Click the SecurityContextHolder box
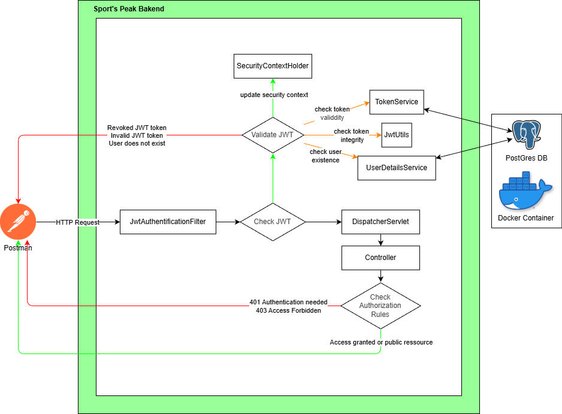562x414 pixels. point(273,66)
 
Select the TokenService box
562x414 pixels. point(397,102)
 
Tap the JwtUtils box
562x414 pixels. point(397,135)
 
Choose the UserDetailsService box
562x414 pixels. point(397,168)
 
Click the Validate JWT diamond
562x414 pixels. point(273,135)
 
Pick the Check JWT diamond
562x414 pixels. point(273,222)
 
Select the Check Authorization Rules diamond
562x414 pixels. point(380,306)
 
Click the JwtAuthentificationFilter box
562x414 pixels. point(168,222)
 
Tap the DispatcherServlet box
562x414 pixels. point(380,222)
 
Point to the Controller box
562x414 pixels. point(380,258)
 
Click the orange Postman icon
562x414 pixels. point(18,222)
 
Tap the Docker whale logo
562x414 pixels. point(525,190)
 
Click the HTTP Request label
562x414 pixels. point(78,222)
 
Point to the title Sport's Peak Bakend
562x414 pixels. point(129,10)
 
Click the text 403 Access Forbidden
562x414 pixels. point(288,310)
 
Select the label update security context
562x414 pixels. point(274,95)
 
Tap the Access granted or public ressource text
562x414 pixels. point(381,342)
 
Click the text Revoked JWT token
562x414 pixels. point(137,128)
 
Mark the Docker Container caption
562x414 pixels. point(525,217)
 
